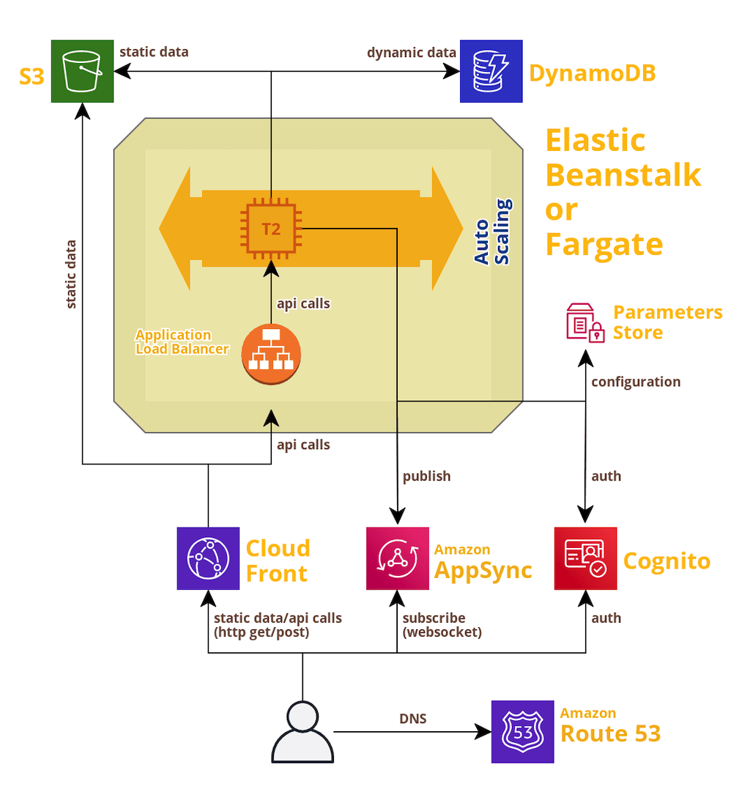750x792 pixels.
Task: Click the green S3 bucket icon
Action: click(x=82, y=71)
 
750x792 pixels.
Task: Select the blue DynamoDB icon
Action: click(x=491, y=71)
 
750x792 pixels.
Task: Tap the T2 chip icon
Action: click(x=271, y=229)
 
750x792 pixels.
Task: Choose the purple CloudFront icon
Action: click(x=208, y=558)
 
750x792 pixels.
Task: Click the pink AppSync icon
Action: click(x=397, y=558)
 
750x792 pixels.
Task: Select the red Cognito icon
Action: click(x=585, y=558)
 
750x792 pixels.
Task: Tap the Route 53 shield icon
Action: click(x=522, y=732)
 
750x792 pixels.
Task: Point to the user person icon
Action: click(x=302, y=731)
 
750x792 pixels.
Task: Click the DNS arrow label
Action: click(x=413, y=719)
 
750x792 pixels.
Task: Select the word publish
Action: click(x=427, y=476)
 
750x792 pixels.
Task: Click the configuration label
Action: click(x=636, y=382)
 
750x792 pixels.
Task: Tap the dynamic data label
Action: click(x=412, y=52)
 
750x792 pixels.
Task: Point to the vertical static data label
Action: click(x=71, y=274)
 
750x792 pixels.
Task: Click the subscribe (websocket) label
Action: click(x=442, y=625)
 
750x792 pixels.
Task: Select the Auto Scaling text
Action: click(x=492, y=231)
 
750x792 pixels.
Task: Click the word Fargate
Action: click(x=604, y=243)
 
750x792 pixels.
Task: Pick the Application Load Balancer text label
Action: click(x=182, y=342)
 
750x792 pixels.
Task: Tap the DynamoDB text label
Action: click(x=592, y=73)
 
